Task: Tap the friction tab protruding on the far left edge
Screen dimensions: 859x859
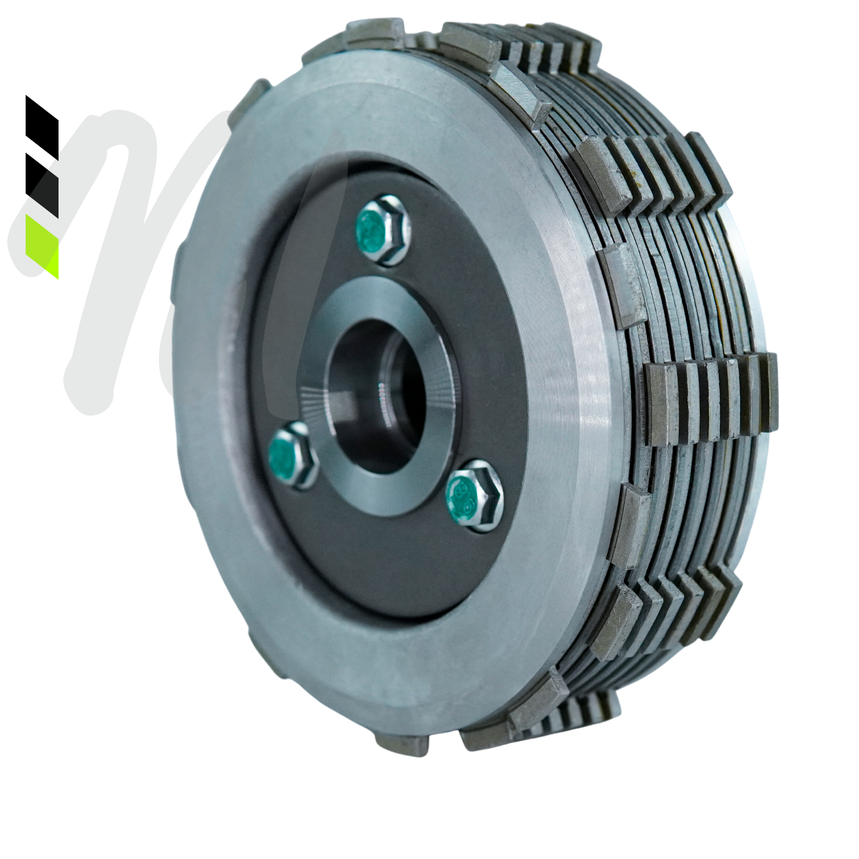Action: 177,268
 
